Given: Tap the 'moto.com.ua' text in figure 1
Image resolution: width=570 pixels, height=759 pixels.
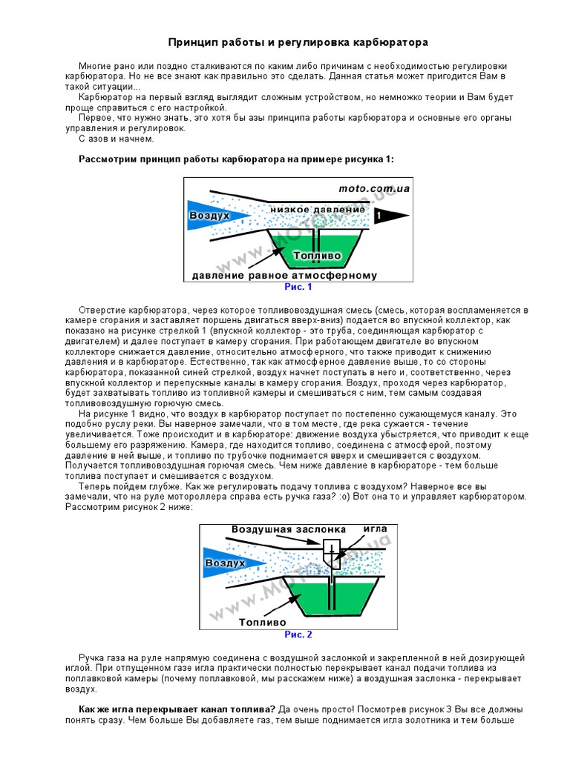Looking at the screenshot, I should [x=374, y=188].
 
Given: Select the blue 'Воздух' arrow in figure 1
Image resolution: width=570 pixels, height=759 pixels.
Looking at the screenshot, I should [x=210, y=215].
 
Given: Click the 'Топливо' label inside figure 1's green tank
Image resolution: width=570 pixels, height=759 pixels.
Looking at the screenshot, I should [x=317, y=256].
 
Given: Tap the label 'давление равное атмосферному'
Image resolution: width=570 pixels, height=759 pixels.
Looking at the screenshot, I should [x=284, y=276].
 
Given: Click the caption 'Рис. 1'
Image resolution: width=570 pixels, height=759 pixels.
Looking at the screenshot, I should [x=298, y=286].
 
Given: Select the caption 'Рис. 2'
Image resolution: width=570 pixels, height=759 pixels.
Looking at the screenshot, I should [x=298, y=634].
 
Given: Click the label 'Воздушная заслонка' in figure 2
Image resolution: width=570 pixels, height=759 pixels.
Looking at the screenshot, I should [x=289, y=530].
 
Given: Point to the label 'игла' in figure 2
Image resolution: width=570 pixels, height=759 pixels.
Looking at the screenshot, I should [x=375, y=529].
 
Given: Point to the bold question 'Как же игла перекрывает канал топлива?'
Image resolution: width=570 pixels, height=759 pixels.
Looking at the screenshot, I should [x=177, y=709].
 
